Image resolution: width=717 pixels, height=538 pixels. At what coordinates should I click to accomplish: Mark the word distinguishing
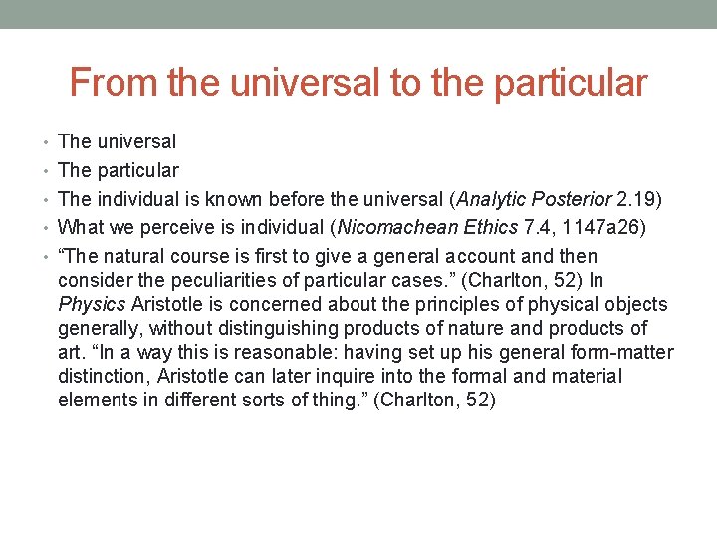[223, 329]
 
